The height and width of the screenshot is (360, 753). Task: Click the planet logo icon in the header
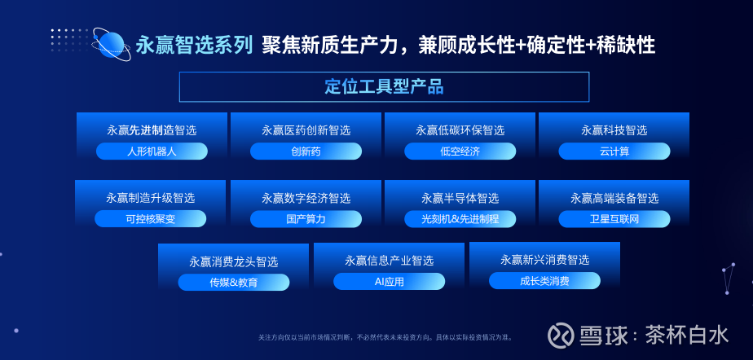[112, 44]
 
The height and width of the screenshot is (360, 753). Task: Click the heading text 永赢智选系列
[195, 46]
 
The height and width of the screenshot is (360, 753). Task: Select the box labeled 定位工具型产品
[384, 87]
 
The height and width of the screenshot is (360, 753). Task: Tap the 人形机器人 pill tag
[152, 151]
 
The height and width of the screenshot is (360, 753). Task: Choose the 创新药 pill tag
[306, 151]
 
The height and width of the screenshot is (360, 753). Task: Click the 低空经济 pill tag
[460, 151]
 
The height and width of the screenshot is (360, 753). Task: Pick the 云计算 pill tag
[614, 151]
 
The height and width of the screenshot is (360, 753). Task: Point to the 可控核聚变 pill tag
[150, 219]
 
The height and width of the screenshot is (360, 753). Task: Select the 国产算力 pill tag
[306, 219]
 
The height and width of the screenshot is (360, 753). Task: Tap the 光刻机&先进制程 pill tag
[460, 219]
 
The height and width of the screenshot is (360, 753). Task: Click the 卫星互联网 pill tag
[614, 219]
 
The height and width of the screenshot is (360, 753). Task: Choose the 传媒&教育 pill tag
[234, 283]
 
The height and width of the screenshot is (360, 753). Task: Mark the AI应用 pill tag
[390, 281]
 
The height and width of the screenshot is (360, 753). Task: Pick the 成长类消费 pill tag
[544, 281]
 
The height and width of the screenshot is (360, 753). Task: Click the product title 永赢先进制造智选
[152, 130]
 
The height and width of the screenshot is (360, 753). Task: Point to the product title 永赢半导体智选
[460, 198]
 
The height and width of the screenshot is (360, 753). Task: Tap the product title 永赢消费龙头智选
[234, 261]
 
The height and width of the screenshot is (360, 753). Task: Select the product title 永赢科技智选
[614, 130]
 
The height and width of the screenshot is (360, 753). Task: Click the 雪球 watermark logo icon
[561, 334]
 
